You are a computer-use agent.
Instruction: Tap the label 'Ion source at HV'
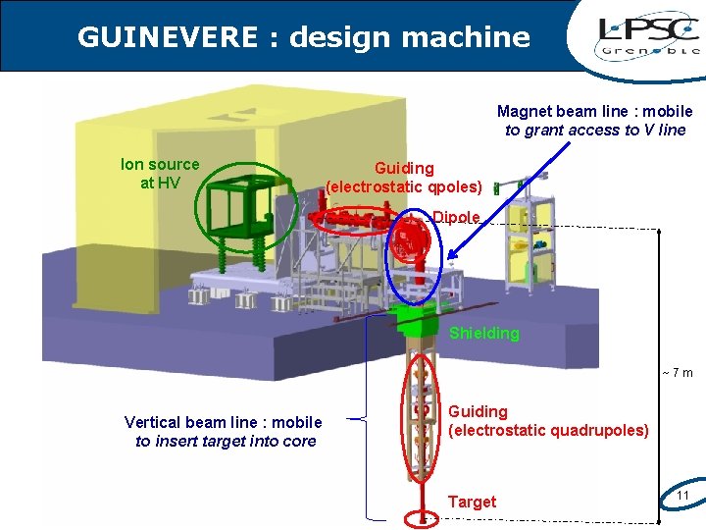[x=159, y=173]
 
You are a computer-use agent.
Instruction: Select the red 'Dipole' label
[x=456, y=217]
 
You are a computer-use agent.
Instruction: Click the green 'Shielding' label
[x=483, y=334]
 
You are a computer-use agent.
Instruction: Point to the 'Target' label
[x=472, y=502]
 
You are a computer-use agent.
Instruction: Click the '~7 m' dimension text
[x=677, y=372]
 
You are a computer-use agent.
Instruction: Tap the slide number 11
[x=683, y=495]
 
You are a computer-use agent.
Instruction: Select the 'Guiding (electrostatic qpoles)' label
[x=404, y=178]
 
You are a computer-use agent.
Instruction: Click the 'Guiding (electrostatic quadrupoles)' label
[x=548, y=420]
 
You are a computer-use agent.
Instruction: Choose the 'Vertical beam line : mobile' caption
[x=224, y=422]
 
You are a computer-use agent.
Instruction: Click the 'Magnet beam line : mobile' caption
[x=594, y=112]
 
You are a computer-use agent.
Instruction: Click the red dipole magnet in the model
[x=413, y=239]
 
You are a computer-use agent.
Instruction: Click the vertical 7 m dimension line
[x=662, y=373]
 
